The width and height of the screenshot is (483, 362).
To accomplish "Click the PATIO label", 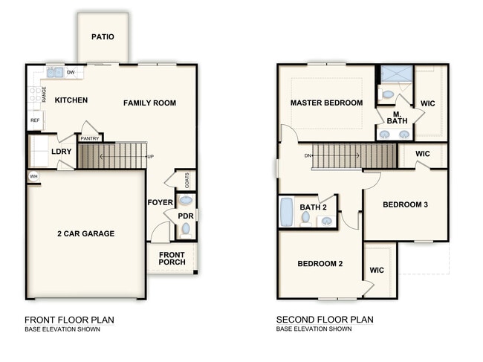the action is [103, 36].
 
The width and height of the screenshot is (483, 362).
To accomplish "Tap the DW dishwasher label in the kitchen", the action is [71, 72].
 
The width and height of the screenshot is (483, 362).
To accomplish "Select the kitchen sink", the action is [55, 73].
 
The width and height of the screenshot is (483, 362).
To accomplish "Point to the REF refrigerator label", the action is [35, 120].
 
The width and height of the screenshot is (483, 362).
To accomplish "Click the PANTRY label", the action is [90, 139].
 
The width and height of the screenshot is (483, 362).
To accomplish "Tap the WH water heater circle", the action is [33, 176].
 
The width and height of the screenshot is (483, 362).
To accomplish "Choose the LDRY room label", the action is [61, 152].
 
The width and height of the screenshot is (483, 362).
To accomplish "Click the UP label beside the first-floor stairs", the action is [150, 157].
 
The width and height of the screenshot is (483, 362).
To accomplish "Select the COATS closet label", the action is [187, 180].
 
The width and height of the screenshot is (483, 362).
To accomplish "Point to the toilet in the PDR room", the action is [186, 230].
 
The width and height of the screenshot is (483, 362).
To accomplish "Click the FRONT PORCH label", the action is [172, 259].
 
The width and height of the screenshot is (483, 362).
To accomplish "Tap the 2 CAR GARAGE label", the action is [86, 233].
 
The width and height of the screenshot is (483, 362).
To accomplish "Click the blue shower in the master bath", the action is [396, 74].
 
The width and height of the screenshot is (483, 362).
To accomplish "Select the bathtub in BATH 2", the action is [286, 213].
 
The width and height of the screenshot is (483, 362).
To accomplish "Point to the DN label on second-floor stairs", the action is [308, 156].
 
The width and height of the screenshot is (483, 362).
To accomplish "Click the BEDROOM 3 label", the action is [406, 204].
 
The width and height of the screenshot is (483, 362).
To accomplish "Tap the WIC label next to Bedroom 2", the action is [377, 270].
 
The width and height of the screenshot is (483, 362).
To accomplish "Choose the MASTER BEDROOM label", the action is [326, 103].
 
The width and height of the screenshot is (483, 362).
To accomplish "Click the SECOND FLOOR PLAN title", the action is [325, 320].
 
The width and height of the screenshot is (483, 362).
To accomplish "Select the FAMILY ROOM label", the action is [149, 103].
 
